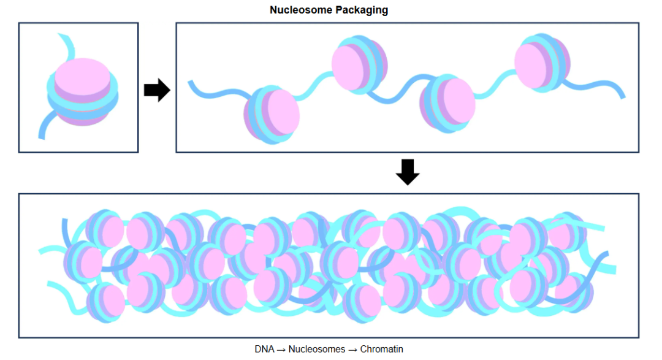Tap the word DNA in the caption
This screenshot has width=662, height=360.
click(x=264, y=350)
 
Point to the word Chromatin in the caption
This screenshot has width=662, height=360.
click(x=382, y=350)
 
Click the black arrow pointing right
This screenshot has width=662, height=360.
click(x=156, y=90)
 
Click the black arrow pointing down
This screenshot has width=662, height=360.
click(x=408, y=172)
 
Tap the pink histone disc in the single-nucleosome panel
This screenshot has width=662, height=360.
click(x=82, y=79)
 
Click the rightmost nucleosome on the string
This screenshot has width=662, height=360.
click(x=542, y=63)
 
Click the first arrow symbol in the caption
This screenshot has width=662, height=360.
click(x=281, y=350)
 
